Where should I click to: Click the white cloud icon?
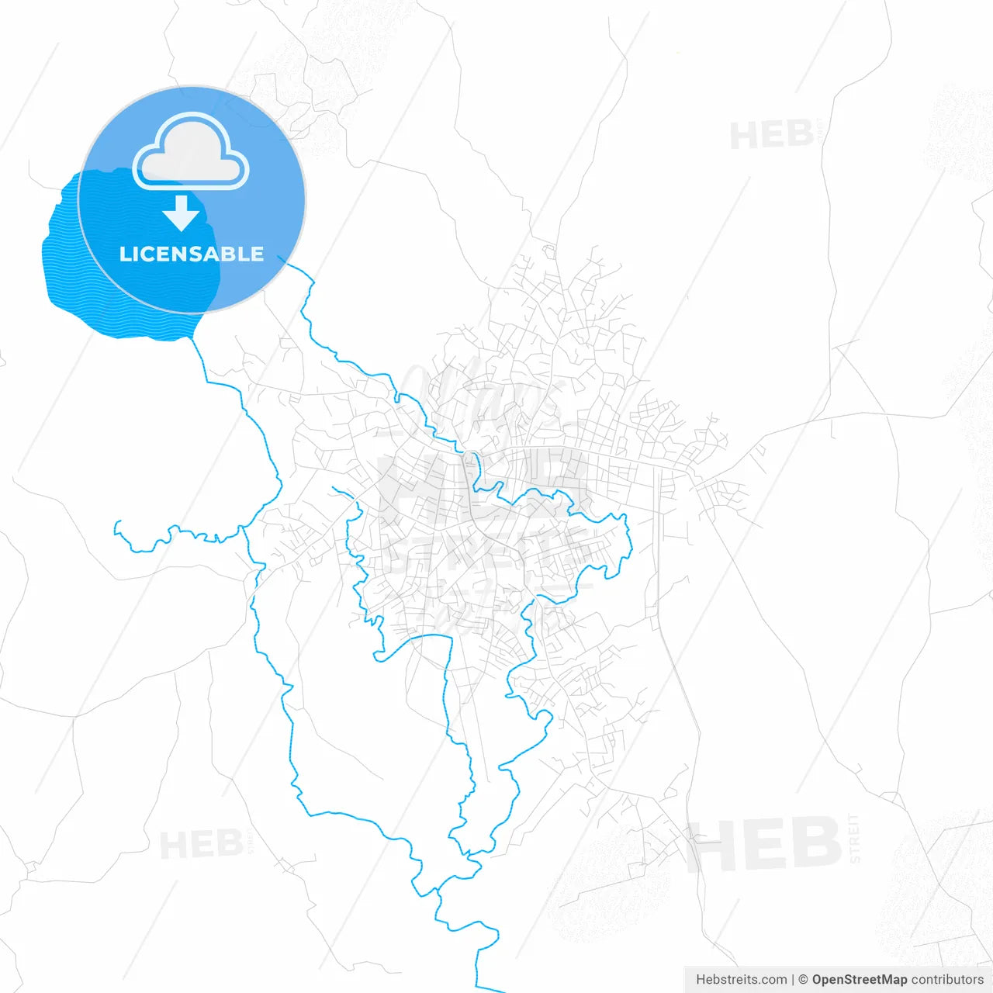(191, 153)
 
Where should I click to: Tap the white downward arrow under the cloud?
(182, 213)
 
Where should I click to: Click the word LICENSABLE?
(192, 254)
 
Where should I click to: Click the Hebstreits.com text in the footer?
(741, 980)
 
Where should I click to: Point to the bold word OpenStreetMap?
(859, 980)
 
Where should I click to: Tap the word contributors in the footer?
(946, 980)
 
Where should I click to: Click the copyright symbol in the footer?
(803, 980)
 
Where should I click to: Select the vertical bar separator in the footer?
(792, 980)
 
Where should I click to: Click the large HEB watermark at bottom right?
(764, 844)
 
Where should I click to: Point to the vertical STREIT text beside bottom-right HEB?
(854, 838)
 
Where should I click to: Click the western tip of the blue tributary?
(116, 523)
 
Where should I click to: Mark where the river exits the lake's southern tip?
(192, 337)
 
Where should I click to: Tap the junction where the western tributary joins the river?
(242, 528)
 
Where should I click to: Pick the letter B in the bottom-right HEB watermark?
(815, 844)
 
